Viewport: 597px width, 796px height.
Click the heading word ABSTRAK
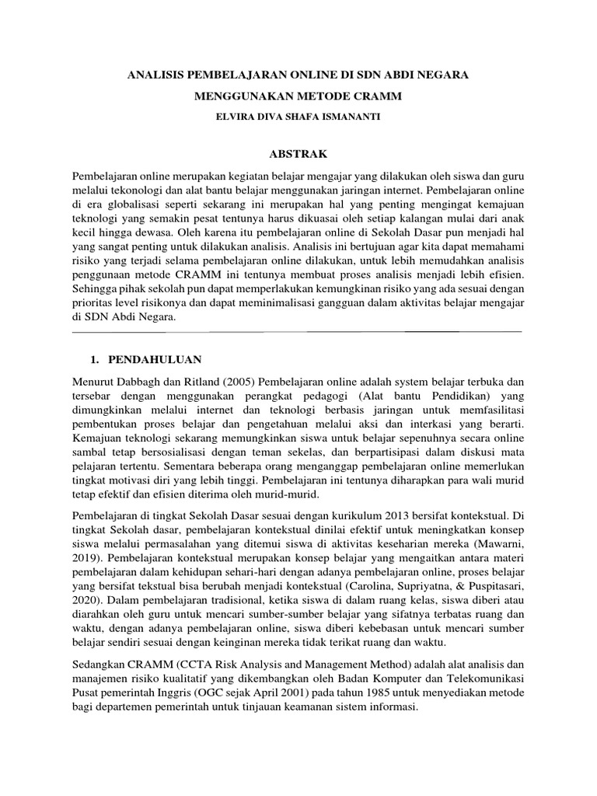[298, 153]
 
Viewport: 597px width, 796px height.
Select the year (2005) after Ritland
[238, 382]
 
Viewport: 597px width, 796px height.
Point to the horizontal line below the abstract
[296, 331]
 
